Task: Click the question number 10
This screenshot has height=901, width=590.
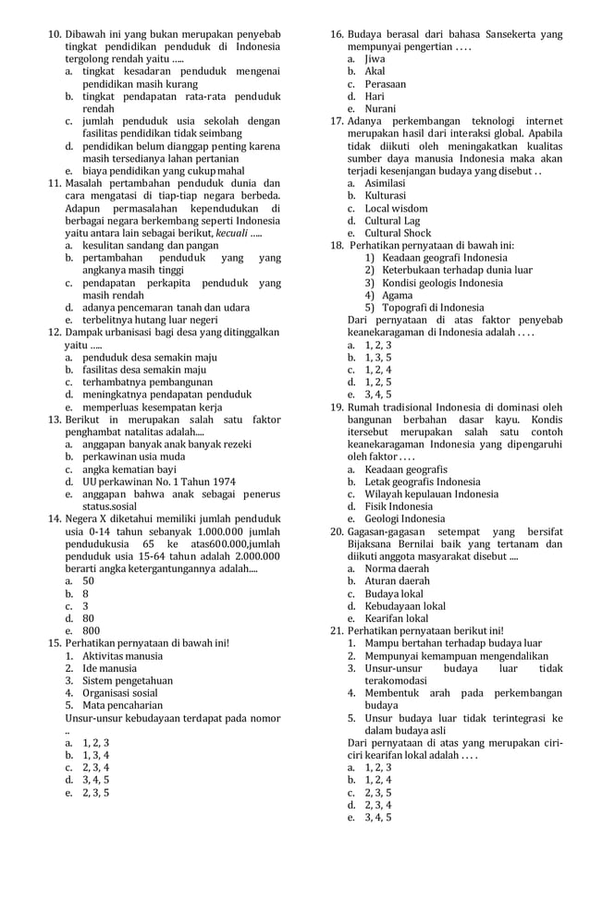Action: coord(54,34)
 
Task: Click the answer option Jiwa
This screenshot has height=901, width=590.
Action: coord(375,58)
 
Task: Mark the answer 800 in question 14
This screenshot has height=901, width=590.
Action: coord(91,631)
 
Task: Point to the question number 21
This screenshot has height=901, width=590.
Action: coord(337,630)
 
